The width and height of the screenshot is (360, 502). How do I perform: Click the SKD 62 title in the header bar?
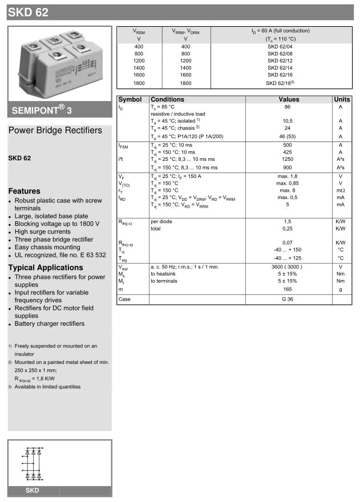[28, 11]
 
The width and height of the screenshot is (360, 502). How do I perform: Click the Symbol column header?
[130, 99]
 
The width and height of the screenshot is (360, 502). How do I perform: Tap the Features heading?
[24, 191]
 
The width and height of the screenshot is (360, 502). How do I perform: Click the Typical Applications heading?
[46, 268]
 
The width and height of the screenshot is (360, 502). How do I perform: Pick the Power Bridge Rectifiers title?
[55, 131]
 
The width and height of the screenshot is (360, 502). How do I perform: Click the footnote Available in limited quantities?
[47, 387]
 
